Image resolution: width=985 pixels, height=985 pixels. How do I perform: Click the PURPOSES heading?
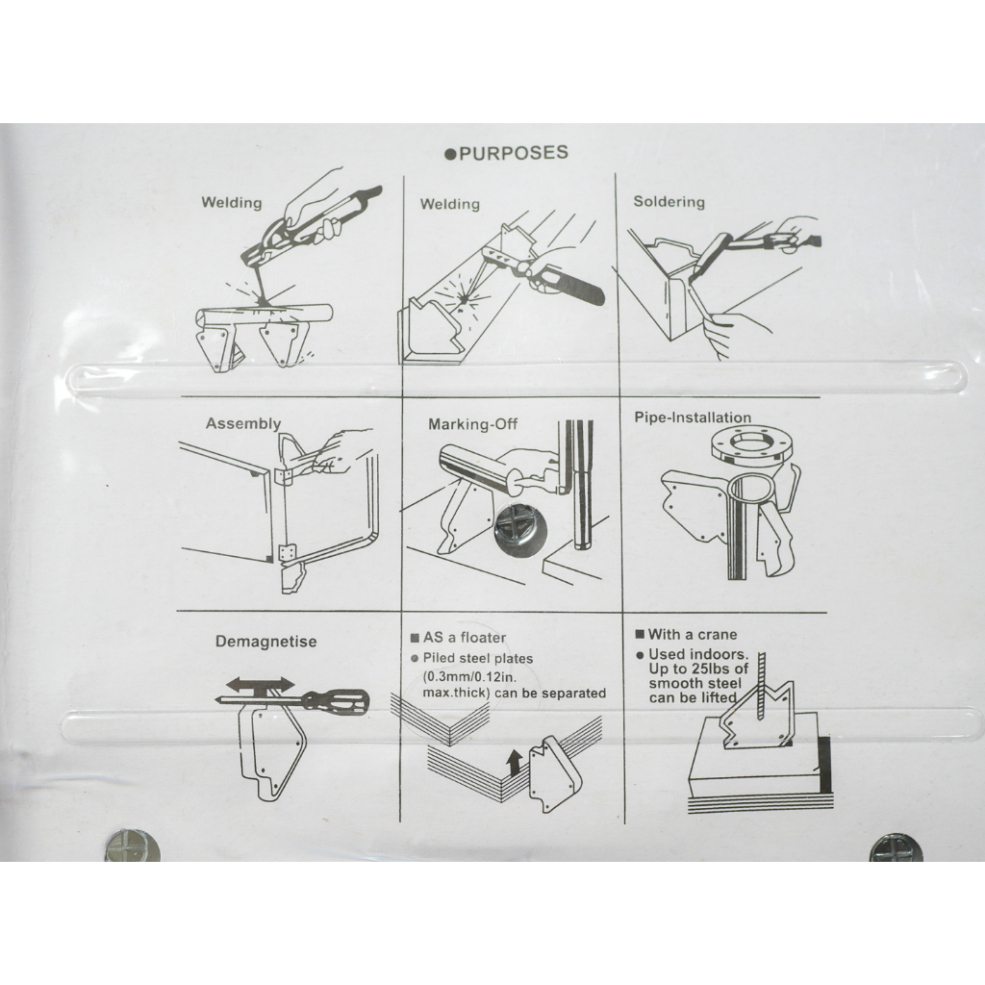coord(514,153)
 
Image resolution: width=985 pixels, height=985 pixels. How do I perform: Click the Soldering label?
coord(669,202)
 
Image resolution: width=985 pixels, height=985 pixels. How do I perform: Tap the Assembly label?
coord(243,423)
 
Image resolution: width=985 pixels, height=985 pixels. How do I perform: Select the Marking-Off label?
coord(472,424)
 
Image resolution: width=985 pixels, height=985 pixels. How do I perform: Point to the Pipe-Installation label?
coord(693,417)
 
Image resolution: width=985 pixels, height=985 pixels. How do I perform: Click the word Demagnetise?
coord(265,642)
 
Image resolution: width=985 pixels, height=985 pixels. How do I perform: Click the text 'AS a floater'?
coord(465,638)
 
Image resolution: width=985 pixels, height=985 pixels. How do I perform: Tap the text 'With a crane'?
coord(693,635)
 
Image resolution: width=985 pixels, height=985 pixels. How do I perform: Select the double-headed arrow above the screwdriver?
coord(260,684)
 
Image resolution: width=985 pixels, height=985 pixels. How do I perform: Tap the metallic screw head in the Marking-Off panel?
coord(518,524)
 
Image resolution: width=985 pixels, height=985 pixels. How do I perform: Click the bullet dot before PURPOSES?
coord(449,155)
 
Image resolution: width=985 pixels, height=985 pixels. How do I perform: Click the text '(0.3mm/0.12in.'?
coord(465,676)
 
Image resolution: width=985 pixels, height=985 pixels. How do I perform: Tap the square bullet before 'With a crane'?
coord(640,635)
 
